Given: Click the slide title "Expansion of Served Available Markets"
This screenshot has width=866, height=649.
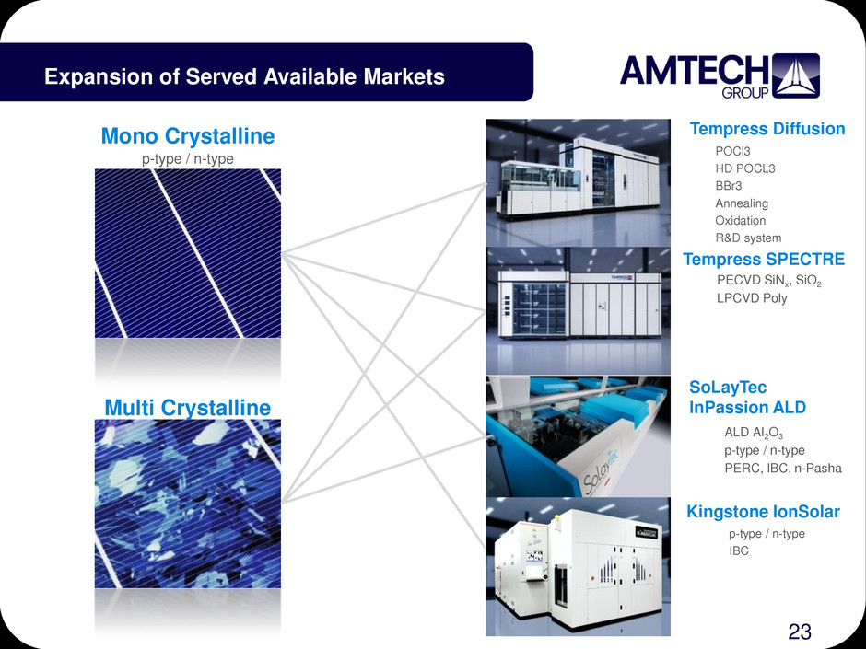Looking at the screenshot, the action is click(x=245, y=76).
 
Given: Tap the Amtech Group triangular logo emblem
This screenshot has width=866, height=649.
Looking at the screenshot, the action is click(x=795, y=75).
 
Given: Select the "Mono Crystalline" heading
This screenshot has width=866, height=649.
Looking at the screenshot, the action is click(x=188, y=135).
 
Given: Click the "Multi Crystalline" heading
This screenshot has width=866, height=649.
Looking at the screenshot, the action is click(x=188, y=408).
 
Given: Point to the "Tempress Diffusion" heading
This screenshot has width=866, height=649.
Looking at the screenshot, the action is click(x=767, y=129).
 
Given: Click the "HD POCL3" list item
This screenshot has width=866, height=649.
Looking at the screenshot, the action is click(x=745, y=168).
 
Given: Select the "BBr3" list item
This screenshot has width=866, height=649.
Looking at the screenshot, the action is click(x=729, y=186).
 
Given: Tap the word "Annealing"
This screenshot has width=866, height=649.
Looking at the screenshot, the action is click(x=742, y=203).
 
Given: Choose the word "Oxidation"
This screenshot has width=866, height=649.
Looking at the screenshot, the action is click(x=741, y=221).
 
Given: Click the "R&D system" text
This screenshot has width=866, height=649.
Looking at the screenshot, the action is click(x=748, y=238).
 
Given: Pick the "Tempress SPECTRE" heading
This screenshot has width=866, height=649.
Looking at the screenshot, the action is click(x=764, y=259).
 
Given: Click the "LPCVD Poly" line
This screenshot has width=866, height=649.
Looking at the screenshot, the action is click(x=752, y=298).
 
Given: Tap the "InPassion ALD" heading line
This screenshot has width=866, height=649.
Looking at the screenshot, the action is click(x=747, y=407).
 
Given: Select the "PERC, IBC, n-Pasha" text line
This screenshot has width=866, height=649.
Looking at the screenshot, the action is click(x=783, y=469).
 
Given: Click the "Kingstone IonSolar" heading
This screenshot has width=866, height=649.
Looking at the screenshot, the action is click(x=763, y=512).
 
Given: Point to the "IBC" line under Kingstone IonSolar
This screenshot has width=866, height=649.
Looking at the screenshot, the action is click(x=739, y=550).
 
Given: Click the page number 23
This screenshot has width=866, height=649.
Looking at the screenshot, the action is click(x=800, y=632).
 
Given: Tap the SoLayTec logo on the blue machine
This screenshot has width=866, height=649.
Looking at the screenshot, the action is click(x=602, y=470).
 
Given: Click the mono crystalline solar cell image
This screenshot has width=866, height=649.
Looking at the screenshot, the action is click(x=188, y=253).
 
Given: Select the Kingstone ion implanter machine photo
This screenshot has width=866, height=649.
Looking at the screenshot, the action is click(x=579, y=567).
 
